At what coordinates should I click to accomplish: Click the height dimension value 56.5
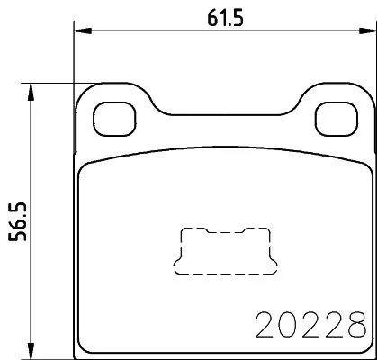click(15, 216)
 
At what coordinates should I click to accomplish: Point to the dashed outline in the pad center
click(223, 249)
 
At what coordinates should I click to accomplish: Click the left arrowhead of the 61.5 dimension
click(78, 35)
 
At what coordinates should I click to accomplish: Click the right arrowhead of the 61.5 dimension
click(366, 35)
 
